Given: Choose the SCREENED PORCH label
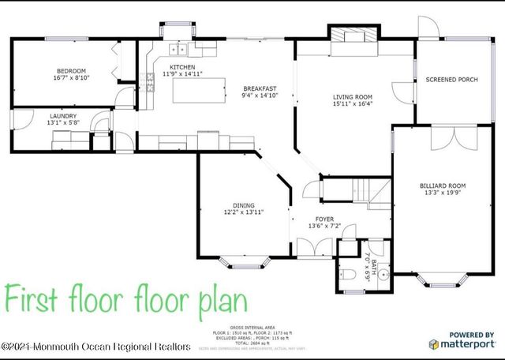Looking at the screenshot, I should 451,80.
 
